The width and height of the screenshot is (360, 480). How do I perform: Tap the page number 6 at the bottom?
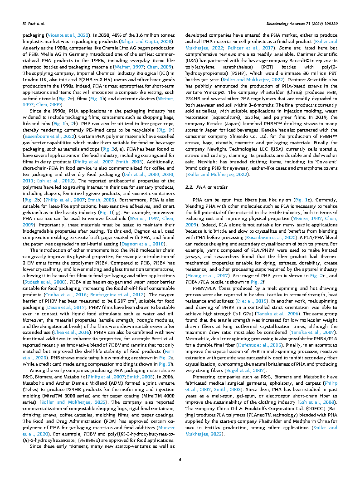(x=180, y=460)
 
